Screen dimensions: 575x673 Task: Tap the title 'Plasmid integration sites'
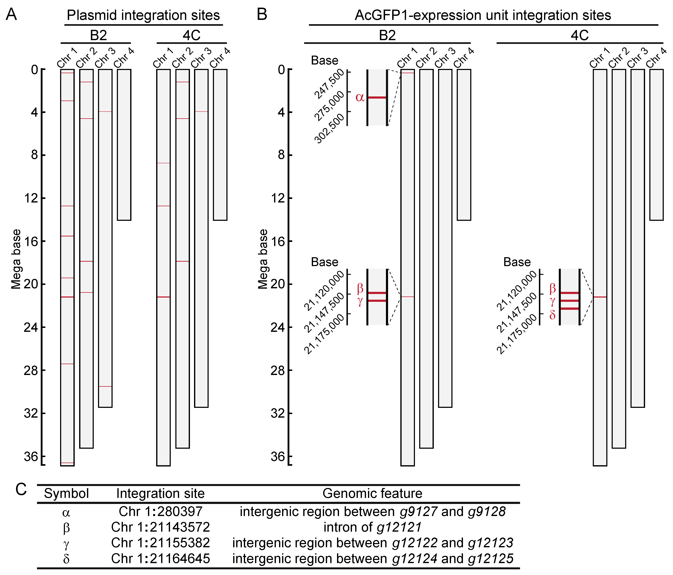pyautogui.click(x=143, y=15)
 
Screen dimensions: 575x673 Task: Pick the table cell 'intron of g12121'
pyautogui.click(x=373, y=527)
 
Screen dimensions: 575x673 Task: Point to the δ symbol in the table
pyautogui.click(x=66, y=559)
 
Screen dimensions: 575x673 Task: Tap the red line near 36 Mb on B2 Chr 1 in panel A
pyautogui.click(x=67, y=463)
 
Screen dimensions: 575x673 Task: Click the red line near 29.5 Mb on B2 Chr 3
pyautogui.click(x=105, y=387)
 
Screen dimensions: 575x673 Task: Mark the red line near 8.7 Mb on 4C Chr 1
pyautogui.click(x=163, y=163)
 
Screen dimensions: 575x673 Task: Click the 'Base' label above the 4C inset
pyautogui.click(x=517, y=262)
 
